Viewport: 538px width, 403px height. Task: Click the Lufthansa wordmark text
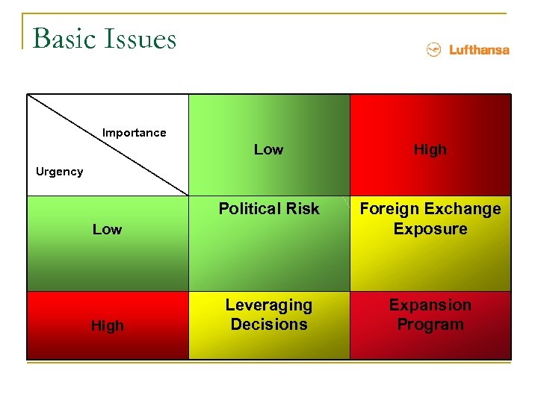tap(479, 50)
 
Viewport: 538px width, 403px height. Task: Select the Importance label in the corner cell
tap(134, 133)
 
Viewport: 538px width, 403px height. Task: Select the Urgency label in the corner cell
tap(60, 172)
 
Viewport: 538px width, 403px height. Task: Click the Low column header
tap(268, 149)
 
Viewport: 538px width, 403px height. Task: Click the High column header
tap(430, 149)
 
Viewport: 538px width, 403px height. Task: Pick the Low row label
tap(107, 229)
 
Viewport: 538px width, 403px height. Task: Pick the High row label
tap(107, 325)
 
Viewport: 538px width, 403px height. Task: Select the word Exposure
tap(430, 228)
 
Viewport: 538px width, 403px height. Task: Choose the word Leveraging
tap(269, 305)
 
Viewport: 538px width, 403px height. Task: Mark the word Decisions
tap(269, 325)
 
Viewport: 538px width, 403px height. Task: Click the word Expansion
tap(430, 305)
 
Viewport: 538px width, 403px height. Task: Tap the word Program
tap(430, 325)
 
